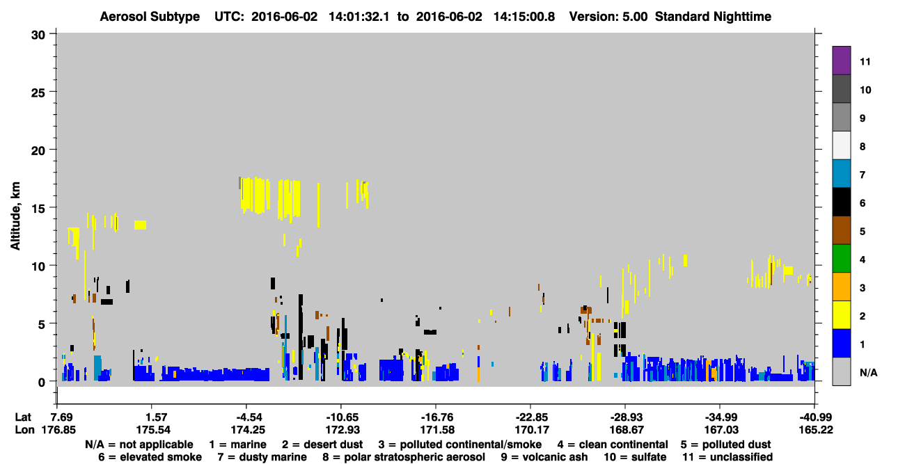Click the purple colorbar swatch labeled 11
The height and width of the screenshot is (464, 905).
click(841, 61)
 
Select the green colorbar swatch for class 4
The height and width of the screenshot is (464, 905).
click(841, 259)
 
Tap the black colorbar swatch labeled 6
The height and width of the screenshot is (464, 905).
click(841, 202)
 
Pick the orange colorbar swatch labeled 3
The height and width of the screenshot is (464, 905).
click(841, 287)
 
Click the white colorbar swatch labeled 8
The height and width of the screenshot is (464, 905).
click(841, 145)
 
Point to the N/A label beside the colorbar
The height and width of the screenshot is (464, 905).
click(868, 372)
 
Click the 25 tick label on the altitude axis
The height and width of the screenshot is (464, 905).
click(38, 93)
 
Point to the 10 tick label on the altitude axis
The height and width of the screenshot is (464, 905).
click(38, 266)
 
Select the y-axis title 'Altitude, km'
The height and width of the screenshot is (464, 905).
click(15, 216)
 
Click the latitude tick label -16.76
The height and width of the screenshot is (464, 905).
click(437, 417)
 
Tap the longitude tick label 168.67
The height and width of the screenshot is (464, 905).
click(627, 430)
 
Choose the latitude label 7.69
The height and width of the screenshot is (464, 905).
click(59, 417)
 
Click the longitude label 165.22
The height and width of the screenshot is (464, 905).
click(816, 430)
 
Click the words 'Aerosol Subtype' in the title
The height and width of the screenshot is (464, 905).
click(150, 17)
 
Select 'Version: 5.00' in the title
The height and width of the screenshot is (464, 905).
click(608, 17)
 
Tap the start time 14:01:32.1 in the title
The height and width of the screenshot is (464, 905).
click(359, 17)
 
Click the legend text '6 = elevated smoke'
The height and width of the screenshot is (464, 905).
click(150, 457)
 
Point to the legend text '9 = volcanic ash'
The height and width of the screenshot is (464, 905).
click(544, 457)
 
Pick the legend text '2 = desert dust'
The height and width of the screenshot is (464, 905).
click(322, 445)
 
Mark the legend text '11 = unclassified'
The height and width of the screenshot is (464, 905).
click(727, 457)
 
